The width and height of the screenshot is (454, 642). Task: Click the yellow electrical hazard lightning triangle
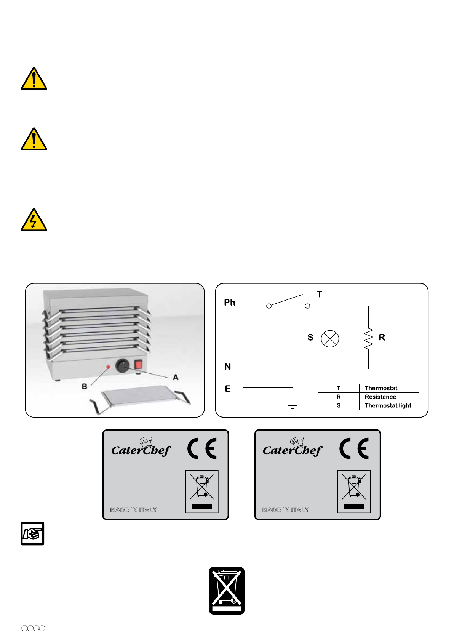34,220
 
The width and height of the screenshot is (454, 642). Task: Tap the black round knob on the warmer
122,366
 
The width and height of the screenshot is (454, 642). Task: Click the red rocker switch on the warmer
139,364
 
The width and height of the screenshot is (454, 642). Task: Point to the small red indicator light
108,367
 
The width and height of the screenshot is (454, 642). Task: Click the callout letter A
176,377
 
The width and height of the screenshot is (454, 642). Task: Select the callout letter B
84,386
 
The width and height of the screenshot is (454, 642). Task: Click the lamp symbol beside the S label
330,339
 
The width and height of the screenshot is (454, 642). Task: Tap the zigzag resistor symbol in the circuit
368,339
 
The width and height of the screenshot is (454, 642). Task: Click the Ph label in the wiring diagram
229,303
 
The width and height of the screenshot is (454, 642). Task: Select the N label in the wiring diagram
228,367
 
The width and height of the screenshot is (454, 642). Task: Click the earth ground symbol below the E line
293,407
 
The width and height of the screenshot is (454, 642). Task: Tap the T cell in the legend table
339,388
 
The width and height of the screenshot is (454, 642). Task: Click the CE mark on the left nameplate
202,448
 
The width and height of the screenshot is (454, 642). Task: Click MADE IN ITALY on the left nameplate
134,509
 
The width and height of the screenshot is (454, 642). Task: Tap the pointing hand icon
32,534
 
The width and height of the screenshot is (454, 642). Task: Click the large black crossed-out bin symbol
227,591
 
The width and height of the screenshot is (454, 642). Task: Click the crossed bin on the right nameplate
354,492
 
